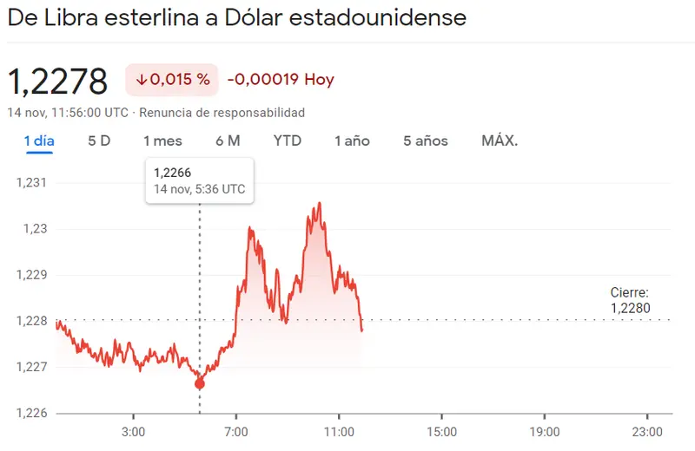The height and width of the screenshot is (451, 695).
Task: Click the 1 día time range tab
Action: (39, 141)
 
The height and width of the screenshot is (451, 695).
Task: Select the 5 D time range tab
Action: (99, 141)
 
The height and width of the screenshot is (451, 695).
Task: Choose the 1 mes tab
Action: (162, 141)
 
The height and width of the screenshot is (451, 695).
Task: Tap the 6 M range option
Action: (228, 141)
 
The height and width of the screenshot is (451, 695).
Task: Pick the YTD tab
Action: (288, 141)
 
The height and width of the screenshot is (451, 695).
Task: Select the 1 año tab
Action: (352, 141)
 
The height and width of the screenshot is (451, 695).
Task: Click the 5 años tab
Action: (425, 141)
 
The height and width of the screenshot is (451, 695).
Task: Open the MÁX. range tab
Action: (500, 141)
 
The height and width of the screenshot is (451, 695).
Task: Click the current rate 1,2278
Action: (57, 82)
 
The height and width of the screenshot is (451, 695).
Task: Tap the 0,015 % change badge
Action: (172, 80)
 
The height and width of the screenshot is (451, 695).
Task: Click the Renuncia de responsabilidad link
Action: (222, 113)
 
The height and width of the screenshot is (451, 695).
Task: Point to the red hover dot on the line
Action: (200, 383)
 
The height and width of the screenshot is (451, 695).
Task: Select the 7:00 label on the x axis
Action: (236, 431)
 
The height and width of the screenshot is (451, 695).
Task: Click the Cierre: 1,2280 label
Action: (630, 300)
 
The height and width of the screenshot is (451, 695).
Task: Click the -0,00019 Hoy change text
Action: (281, 80)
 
